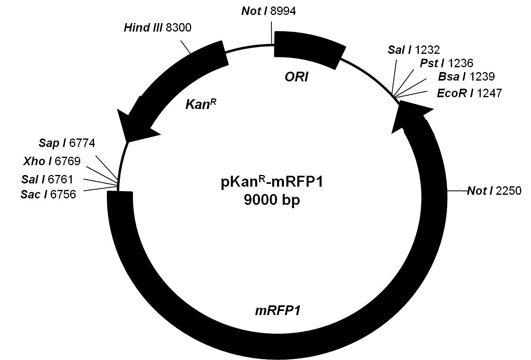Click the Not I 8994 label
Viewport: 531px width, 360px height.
coord(269,11)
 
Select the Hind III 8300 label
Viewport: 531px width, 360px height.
coord(157,28)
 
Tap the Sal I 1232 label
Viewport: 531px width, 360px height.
coord(414,50)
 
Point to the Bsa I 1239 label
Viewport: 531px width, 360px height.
coord(466,77)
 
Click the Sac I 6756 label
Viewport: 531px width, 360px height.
coord(48,195)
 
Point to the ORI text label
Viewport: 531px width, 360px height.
coord(296,77)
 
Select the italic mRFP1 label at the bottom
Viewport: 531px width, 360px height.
coord(277,311)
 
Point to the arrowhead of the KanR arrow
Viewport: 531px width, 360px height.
coord(132,126)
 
